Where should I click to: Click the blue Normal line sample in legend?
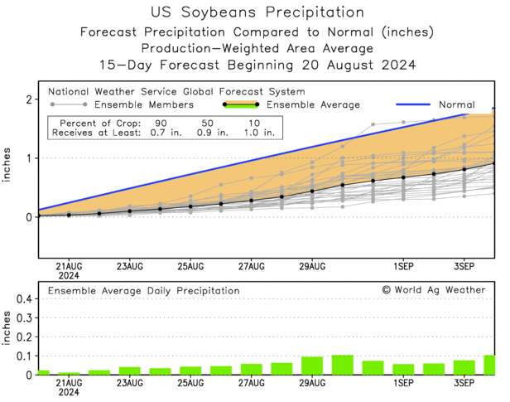407,105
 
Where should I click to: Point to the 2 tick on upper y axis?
29,99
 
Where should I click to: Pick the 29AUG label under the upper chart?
312,267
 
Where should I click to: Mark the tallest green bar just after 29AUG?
343,365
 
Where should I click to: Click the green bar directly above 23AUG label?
129,371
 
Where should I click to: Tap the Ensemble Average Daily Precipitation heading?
143,291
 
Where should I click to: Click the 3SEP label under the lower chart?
464,384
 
